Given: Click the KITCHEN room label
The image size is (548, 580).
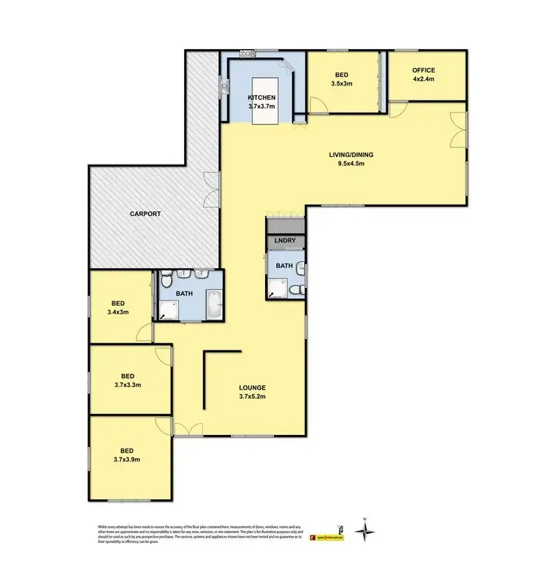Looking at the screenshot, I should (262, 103).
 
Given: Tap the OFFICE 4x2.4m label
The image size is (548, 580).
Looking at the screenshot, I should (423, 75).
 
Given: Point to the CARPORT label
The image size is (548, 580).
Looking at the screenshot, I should (145, 214).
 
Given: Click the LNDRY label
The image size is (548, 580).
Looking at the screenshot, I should (285, 242).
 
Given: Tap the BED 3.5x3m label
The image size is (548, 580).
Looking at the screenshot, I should (340, 79).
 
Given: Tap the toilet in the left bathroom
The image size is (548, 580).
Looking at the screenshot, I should (164, 280).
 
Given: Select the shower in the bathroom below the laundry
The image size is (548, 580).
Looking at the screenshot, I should (277, 285).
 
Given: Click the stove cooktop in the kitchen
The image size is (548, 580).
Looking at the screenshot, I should (248, 54).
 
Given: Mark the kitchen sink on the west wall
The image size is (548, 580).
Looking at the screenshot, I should (224, 87).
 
